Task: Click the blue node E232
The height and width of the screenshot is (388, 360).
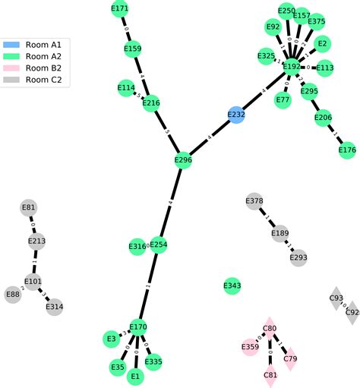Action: pyautogui.click(x=237, y=115)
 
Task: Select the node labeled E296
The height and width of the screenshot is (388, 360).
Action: pyautogui.click(x=183, y=160)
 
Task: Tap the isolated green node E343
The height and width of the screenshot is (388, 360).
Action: pyautogui.click(x=232, y=285)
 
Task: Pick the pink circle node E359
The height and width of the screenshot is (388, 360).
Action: pyautogui.click(x=251, y=347)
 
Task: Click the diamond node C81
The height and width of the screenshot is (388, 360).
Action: pyautogui.click(x=270, y=375)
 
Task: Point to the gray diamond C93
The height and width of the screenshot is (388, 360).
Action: pyautogui.click(x=336, y=298)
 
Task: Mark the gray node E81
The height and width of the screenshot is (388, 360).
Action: pyautogui.click(x=29, y=207)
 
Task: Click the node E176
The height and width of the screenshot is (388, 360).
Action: pyautogui.click(x=346, y=150)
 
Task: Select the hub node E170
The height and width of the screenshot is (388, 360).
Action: pyautogui.click(x=137, y=327)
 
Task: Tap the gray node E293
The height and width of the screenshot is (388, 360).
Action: pyautogui.click(x=298, y=257)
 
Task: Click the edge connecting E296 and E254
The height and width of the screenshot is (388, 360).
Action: pyautogui.click(x=171, y=202)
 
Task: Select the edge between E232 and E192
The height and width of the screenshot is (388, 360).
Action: pyautogui.click(x=264, y=91)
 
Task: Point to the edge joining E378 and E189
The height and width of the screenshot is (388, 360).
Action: pyautogui.click(x=267, y=217)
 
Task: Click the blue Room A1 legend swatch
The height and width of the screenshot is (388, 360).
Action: pyautogui.click(x=12, y=45)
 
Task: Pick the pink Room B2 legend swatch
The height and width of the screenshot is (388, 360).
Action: pyautogui.click(x=12, y=68)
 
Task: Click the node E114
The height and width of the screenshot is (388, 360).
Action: pyautogui.click(x=126, y=89)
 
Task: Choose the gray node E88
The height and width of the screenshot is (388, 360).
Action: pyautogui.click(x=13, y=294)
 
